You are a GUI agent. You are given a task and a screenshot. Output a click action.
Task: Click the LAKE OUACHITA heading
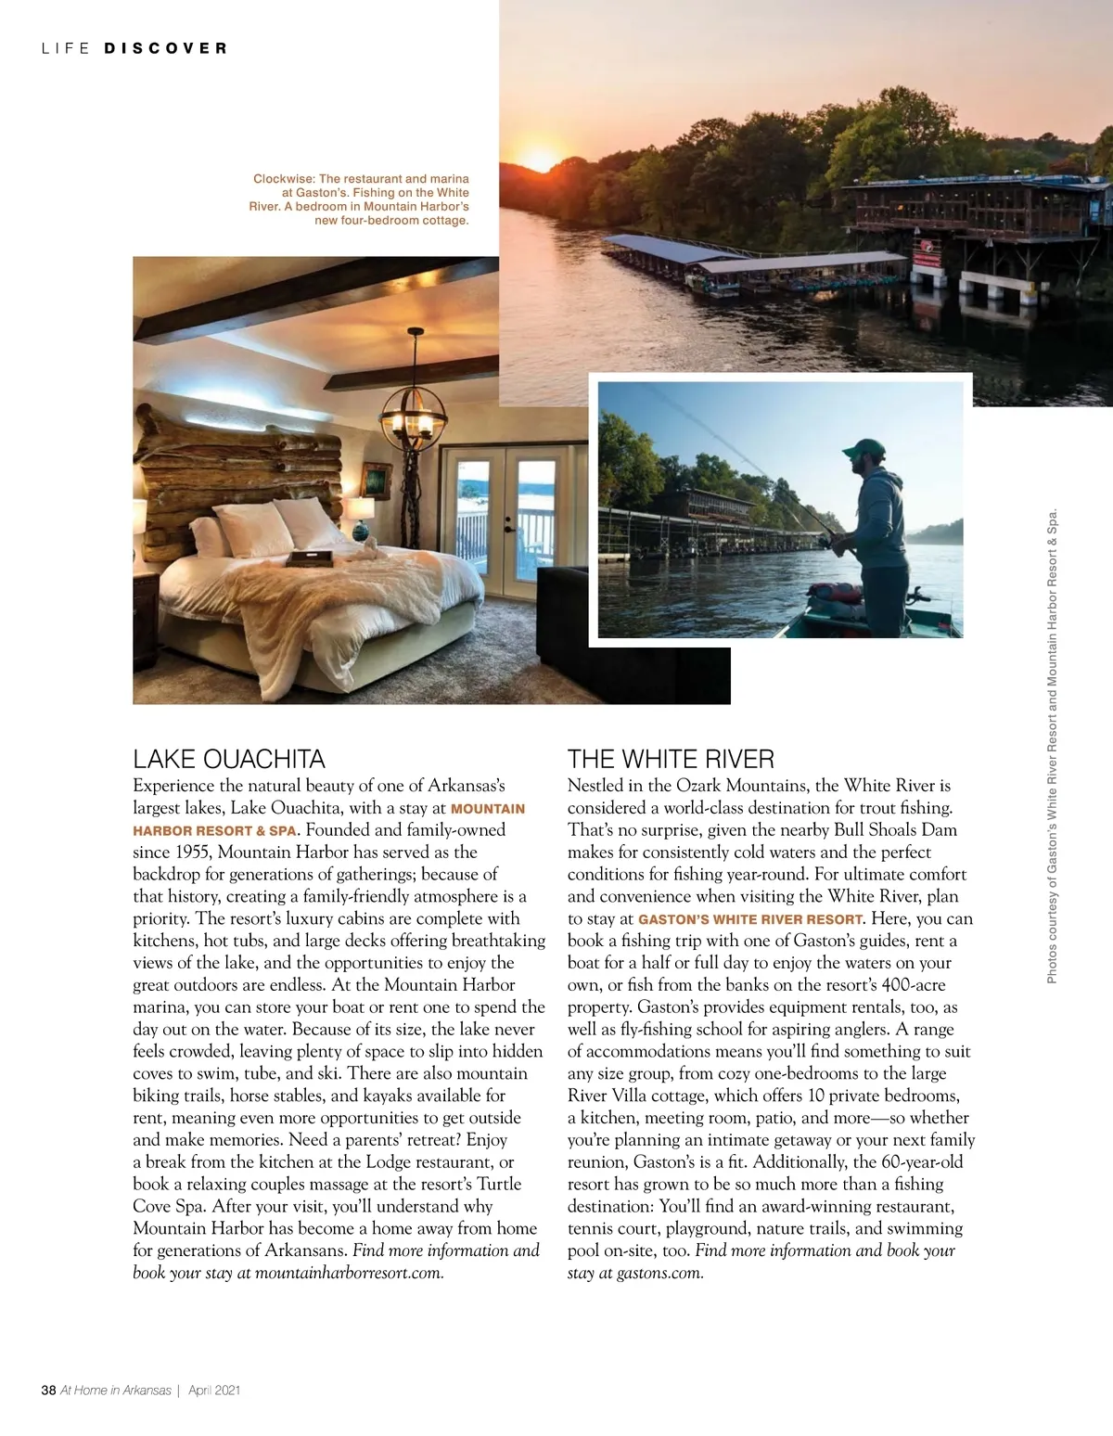pyautogui.click(x=229, y=760)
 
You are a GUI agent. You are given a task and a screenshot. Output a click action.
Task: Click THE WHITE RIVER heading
pyautogui.click(x=671, y=760)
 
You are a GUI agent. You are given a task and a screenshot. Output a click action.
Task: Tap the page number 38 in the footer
pyautogui.click(x=48, y=1391)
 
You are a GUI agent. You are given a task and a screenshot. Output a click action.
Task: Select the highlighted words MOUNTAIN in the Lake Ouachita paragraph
pyautogui.click(x=488, y=809)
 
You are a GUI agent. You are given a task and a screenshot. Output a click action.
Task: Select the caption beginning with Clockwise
pyautogui.click(x=360, y=199)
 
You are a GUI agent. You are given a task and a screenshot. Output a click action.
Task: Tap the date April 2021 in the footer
pyautogui.click(x=214, y=1391)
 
